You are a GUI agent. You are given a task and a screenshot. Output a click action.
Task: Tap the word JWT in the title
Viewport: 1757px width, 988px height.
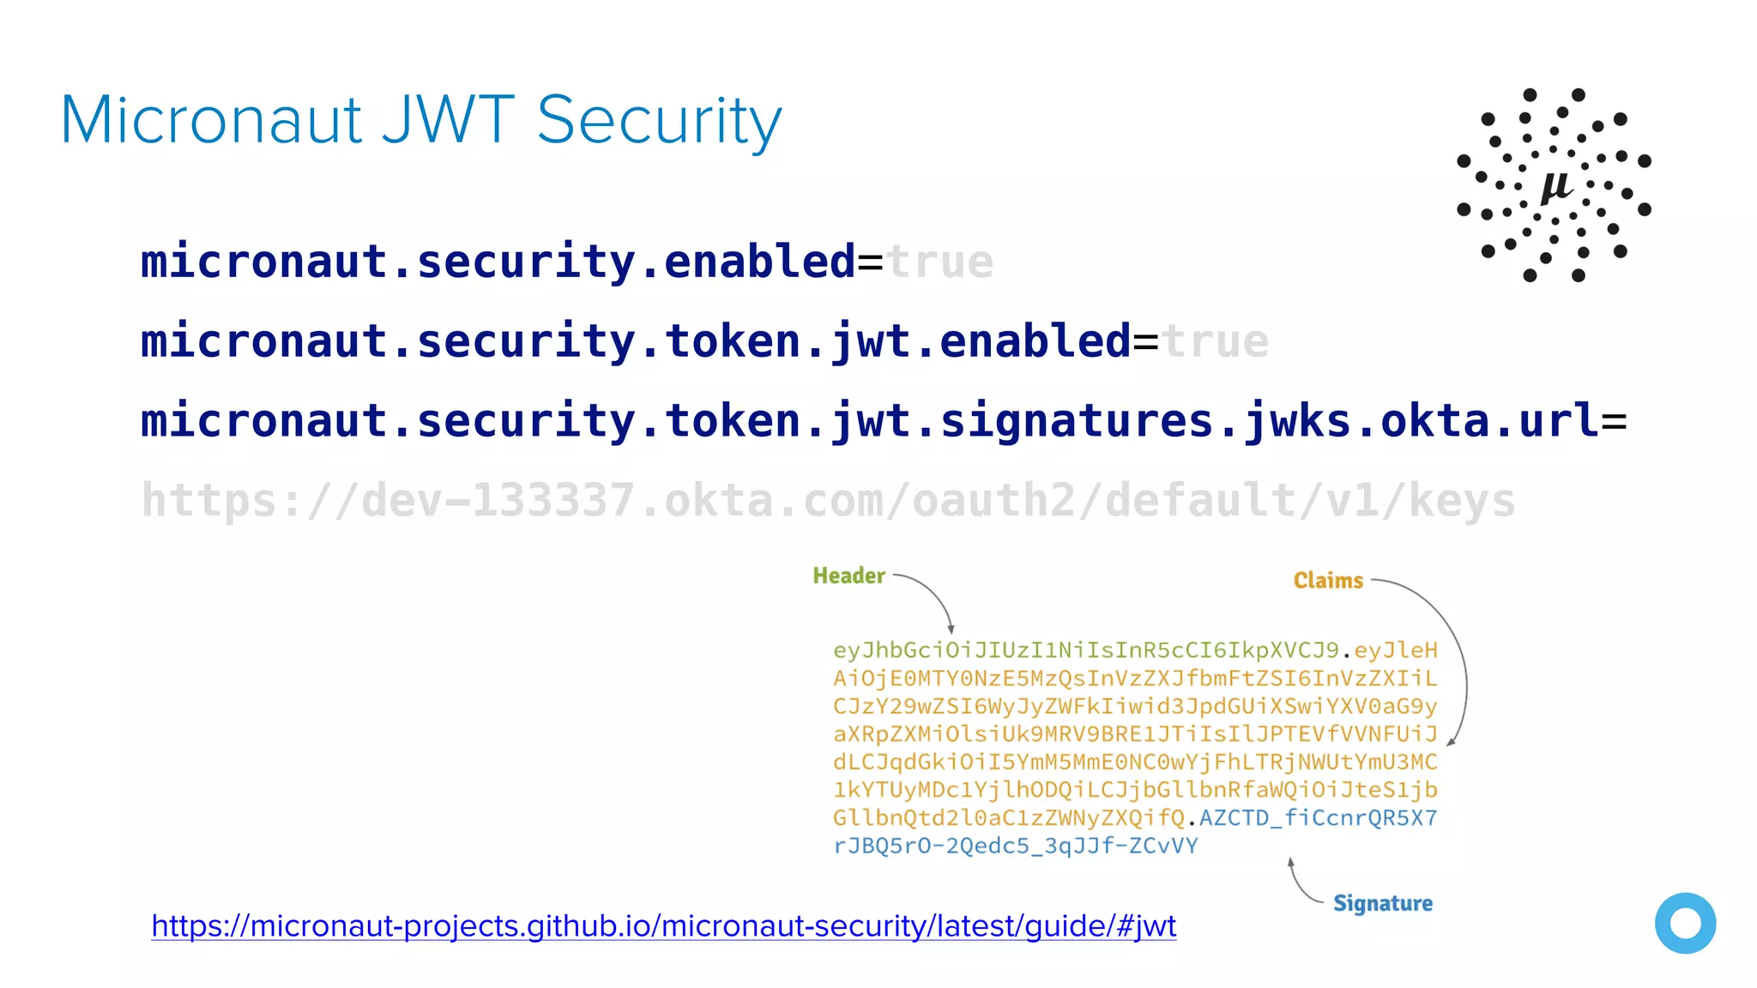click(x=448, y=120)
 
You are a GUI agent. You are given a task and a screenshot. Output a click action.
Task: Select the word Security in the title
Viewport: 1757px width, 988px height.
click(x=659, y=122)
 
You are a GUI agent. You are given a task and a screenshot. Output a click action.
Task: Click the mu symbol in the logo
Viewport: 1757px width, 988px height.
click(x=1555, y=185)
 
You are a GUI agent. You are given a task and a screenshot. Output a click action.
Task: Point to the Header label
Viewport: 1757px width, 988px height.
click(x=848, y=575)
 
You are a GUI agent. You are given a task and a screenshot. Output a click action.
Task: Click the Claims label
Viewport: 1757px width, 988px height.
click(x=1328, y=581)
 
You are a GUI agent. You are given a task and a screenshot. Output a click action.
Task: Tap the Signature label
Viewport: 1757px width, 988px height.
click(x=1382, y=903)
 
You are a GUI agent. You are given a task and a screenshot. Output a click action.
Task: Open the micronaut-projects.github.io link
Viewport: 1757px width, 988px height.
click(x=663, y=926)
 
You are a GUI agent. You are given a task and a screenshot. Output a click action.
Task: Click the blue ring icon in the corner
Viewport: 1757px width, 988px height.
click(x=1685, y=923)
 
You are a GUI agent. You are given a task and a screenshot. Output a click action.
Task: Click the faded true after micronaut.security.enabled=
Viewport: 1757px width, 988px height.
click(x=939, y=262)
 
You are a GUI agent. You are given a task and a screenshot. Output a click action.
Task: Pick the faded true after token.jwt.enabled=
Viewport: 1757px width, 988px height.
click(x=1215, y=341)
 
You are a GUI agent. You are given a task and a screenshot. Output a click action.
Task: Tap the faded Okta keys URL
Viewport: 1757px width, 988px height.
click(x=828, y=501)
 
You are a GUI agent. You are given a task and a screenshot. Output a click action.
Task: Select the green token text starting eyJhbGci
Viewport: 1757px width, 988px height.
click(x=1085, y=650)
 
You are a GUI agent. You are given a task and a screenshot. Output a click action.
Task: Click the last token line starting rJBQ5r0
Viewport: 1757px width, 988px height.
click(x=1015, y=846)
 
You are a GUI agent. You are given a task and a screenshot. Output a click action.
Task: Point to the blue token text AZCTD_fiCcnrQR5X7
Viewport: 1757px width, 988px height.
click(x=1318, y=817)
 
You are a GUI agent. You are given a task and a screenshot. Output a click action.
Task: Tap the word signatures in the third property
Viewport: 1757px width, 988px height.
click(x=1077, y=421)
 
